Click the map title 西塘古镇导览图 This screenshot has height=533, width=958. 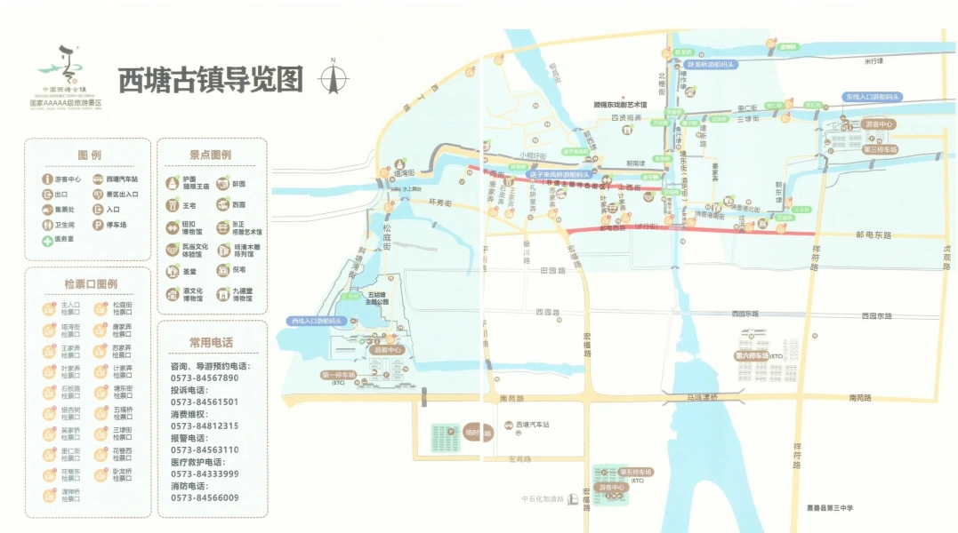pos(211,80)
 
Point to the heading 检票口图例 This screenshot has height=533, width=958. pos(90,284)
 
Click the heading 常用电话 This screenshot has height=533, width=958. pos(211,342)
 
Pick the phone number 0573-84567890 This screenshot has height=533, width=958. pos(205,378)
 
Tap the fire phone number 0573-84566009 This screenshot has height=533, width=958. pos(205,497)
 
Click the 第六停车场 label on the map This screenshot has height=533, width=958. pos(759,355)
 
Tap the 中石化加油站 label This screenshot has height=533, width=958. pos(543,498)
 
